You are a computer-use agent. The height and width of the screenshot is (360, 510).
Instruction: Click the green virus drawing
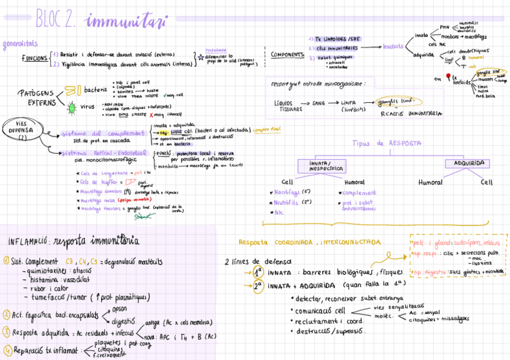click(x=72, y=108)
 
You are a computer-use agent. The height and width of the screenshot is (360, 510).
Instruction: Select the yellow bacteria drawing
click(x=72, y=91)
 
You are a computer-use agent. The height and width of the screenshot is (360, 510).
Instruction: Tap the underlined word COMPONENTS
click(x=287, y=55)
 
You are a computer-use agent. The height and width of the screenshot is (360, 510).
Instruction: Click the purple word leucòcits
click(x=393, y=46)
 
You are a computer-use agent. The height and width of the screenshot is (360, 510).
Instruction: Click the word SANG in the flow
click(x=319, y=103)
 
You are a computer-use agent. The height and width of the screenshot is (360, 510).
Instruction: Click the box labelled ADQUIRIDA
click(x=467, y=163)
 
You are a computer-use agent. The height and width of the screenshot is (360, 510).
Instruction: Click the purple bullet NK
click(x=278, y=212)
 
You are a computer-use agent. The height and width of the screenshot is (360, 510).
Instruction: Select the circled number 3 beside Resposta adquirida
click(x=6, y=331)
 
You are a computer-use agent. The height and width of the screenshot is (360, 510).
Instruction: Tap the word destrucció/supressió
click(x=330, y=331)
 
